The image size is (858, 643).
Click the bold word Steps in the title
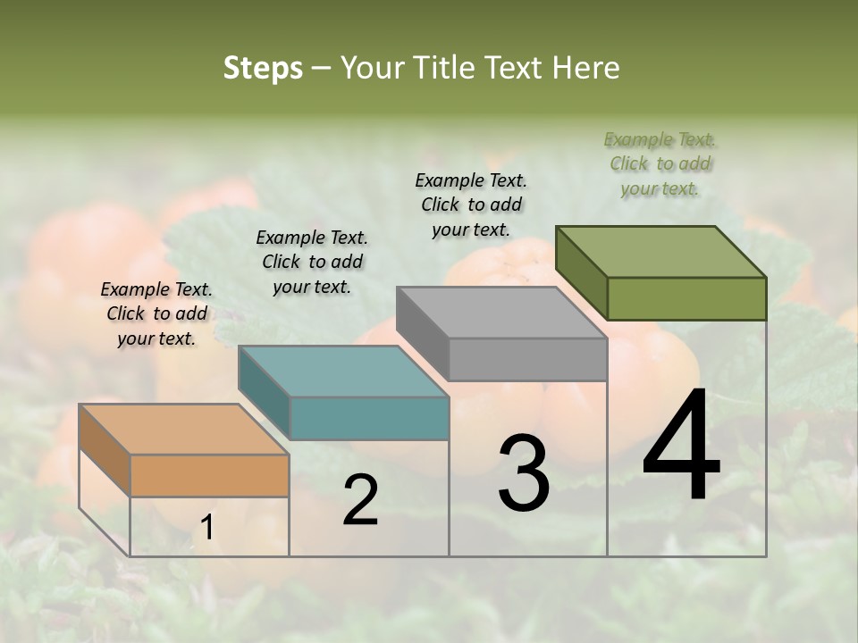[263, 68]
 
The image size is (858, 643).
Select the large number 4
[681, 447]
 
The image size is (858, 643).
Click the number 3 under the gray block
[523, 473]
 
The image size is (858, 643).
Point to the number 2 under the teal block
[360, 501]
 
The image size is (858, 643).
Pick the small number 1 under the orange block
[206, 528]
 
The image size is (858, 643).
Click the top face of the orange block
[183, 429]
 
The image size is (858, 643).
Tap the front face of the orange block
[209, 475]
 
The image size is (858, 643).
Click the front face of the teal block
[369, 418]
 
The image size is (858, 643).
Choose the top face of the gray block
[501, 312]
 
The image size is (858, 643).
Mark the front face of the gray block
[527, 360]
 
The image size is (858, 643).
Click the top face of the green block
[660, 251]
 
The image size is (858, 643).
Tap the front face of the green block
[686, 298]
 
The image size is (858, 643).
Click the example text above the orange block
[156, 313]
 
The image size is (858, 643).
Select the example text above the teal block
[312, 262]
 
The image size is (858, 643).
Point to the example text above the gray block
[471, 205]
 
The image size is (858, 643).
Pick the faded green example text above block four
[660, 163]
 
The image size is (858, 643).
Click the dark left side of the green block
[581, 272]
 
